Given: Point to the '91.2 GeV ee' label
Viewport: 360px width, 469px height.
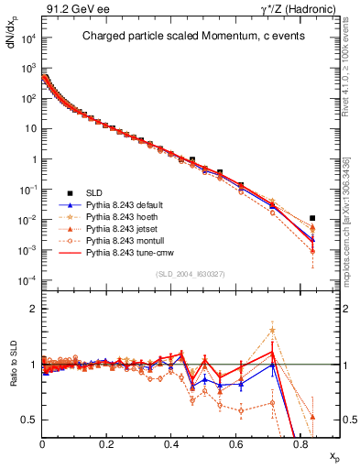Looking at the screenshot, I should pos(71,9).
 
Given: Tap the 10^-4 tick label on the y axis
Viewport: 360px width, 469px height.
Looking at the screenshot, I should pos(27,279).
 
